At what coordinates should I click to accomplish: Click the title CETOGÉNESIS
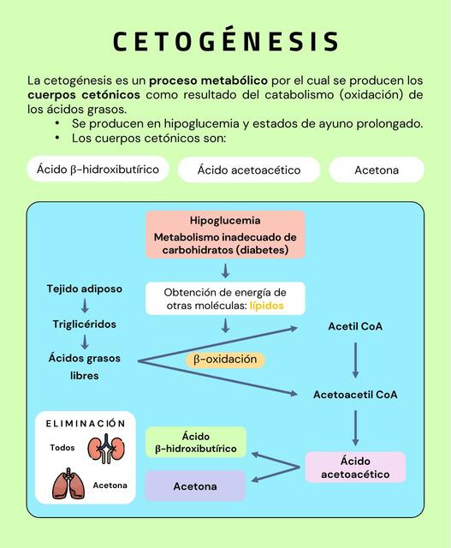click(x=226, y=40)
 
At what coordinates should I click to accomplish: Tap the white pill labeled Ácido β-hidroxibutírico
click(x=98, y=170)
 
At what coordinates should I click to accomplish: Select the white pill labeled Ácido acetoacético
click(x=249, y=170)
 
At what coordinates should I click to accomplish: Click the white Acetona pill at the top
click(x=377, y=170)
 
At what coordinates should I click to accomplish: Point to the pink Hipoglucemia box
click(x=225, y=235)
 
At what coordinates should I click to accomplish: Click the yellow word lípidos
click(x=266, y=306)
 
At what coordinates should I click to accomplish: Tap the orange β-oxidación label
click(x=225, y=360)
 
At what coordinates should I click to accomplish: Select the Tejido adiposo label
click(x=85, y=289)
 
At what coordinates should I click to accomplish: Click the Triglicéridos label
click(x=85, y=324)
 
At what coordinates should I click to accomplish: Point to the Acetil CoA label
click(x=355, y=326)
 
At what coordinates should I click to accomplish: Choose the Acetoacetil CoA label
click(x=355, y=395)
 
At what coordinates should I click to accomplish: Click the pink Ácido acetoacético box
click(x=356, y=468)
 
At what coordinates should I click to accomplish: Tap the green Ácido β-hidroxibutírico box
click(x=196, y=443)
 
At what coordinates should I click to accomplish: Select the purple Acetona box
click(x=195, y=486)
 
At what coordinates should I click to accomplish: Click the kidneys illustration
click(x=106, y=449)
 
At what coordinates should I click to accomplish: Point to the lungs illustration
click(x=68, y=484)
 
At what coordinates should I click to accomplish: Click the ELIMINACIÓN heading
click(x=86, y=424)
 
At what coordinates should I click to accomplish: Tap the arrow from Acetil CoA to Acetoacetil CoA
click(x=355, y=360)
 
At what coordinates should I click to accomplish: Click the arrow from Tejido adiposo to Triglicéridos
click(x=85, y=307)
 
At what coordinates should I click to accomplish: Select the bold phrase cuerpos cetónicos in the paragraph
click(x=84, y=95)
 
